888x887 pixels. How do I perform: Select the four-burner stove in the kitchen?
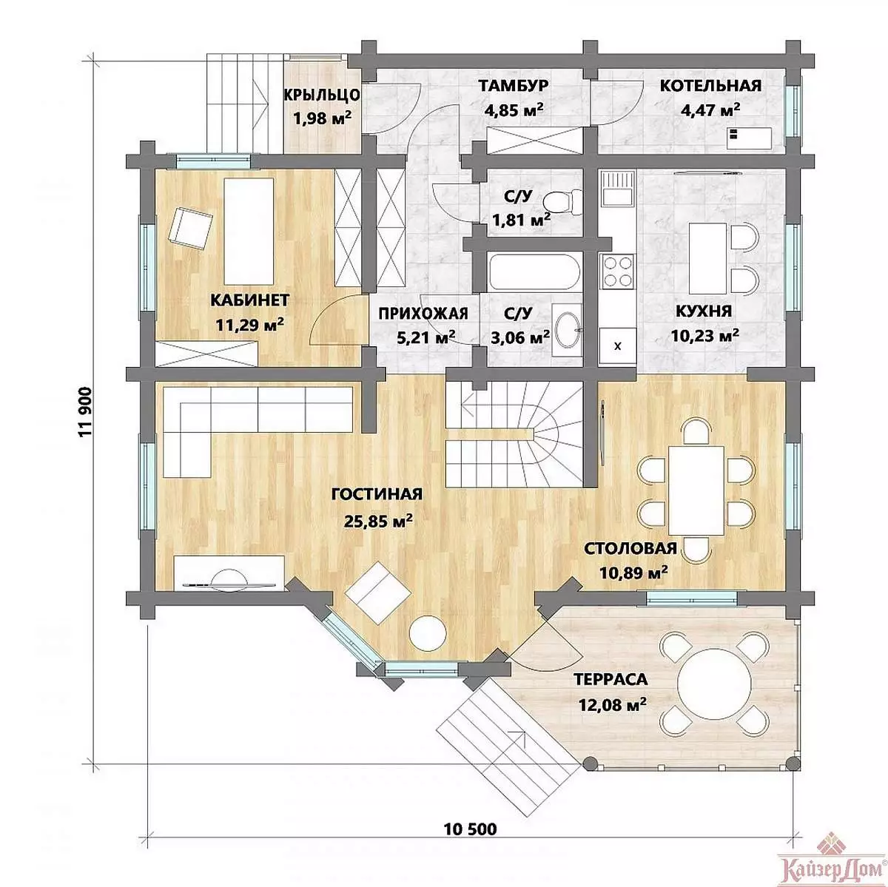coord(618,272)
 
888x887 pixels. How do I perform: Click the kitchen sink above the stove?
coord(617,189)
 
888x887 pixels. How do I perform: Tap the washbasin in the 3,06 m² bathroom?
coord(568,329)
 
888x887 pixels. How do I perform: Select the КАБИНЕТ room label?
coord(250,300)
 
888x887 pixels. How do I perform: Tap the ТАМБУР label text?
coord(514,86)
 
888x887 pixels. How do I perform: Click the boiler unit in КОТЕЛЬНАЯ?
coord(749,138)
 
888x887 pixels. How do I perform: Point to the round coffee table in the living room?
coord(428,633)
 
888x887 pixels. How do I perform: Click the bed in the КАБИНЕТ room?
coord(249,231)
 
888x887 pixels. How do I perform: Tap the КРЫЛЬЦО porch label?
coord(321,95)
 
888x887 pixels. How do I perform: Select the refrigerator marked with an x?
coord(618,346)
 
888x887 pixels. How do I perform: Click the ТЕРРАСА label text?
coord(610,678)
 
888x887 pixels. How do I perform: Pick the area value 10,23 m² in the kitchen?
coord(704,335)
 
